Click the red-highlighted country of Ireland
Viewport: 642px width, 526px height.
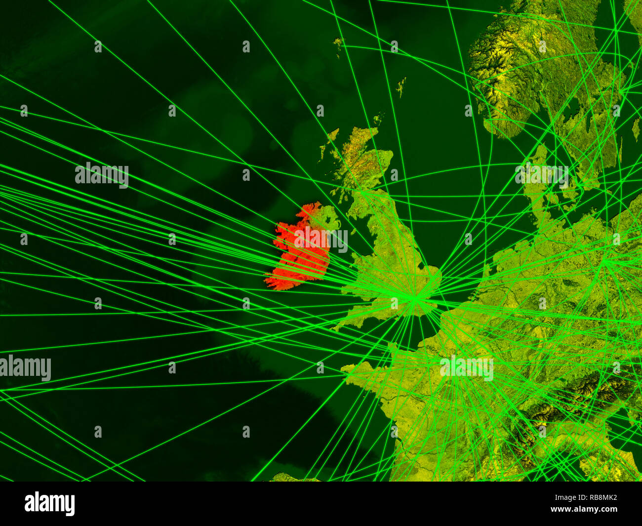coord(296,252)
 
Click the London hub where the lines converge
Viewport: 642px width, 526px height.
coord(415,297)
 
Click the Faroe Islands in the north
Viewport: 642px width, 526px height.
coord(338,44)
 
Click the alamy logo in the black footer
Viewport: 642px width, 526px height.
coord(49,504)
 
